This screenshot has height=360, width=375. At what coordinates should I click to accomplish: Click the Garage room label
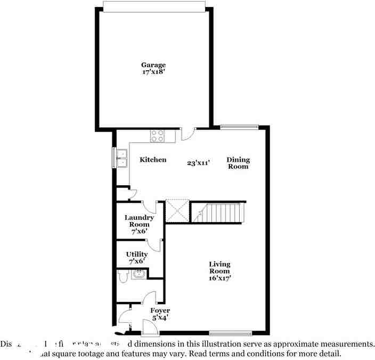pyautogui.click(x=153, y=65)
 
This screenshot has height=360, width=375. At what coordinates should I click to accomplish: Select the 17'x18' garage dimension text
pyautogui.click(x=153, y=72)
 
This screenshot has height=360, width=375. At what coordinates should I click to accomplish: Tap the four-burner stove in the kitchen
pyautogui.click(x=157, y=136)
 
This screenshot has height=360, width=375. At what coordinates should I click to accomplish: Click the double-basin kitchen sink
pyautogui.click(x=122, y=158)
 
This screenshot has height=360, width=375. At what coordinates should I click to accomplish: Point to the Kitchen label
pyautogui.click(x=153, y=160)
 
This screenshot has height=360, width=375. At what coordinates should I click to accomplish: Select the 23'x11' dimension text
pyautogui.click(x=198, y=163)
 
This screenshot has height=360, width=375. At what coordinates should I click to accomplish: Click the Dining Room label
pyautogui.click(x=238, y=163)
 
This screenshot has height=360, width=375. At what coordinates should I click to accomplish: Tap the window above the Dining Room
pyautogui.click(x=239, y=127)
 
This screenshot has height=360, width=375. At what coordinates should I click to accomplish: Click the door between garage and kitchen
pyautogui.click(x=187, y=133)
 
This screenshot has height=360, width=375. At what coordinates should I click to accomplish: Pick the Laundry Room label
pyautogui.click(x=139, y=220)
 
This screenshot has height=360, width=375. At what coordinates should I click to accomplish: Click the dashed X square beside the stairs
pyautogui.click(x=177, y=210)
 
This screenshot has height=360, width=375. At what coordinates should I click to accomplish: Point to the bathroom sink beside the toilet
pyautogui.click(x=139, y=274)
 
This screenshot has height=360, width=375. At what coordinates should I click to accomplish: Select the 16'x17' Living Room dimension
pyautogui.click(x=219, y=277)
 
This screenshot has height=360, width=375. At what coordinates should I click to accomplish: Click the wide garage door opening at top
pyautogui.click(x=153, y=6)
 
